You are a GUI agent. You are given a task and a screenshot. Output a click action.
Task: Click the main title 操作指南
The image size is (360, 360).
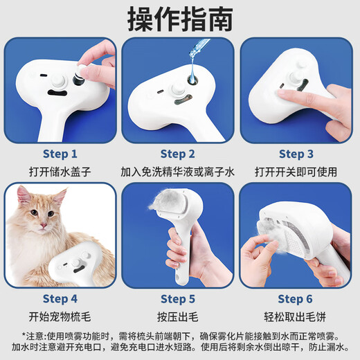179,20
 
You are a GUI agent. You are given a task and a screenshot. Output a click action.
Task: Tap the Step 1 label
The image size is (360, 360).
60,154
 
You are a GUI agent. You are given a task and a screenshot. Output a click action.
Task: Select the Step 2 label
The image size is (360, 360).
179,154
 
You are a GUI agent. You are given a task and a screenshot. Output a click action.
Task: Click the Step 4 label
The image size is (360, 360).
60,298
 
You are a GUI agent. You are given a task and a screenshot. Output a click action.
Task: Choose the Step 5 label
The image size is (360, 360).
179,298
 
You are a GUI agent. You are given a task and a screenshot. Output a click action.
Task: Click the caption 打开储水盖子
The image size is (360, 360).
60,170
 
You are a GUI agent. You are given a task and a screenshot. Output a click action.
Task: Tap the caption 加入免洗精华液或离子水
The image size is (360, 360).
179,170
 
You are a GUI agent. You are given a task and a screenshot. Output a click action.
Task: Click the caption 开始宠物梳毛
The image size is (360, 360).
60,316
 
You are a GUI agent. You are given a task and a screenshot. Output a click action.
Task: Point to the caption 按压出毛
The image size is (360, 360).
179,316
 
